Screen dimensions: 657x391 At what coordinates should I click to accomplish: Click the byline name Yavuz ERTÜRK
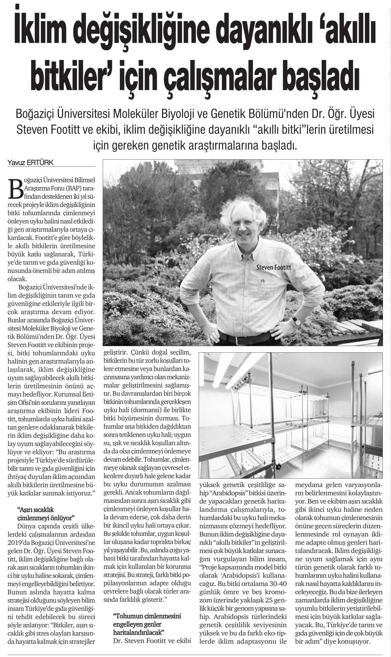pos(30,163)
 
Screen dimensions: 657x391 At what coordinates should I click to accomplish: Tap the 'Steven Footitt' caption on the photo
pos(273,268)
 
